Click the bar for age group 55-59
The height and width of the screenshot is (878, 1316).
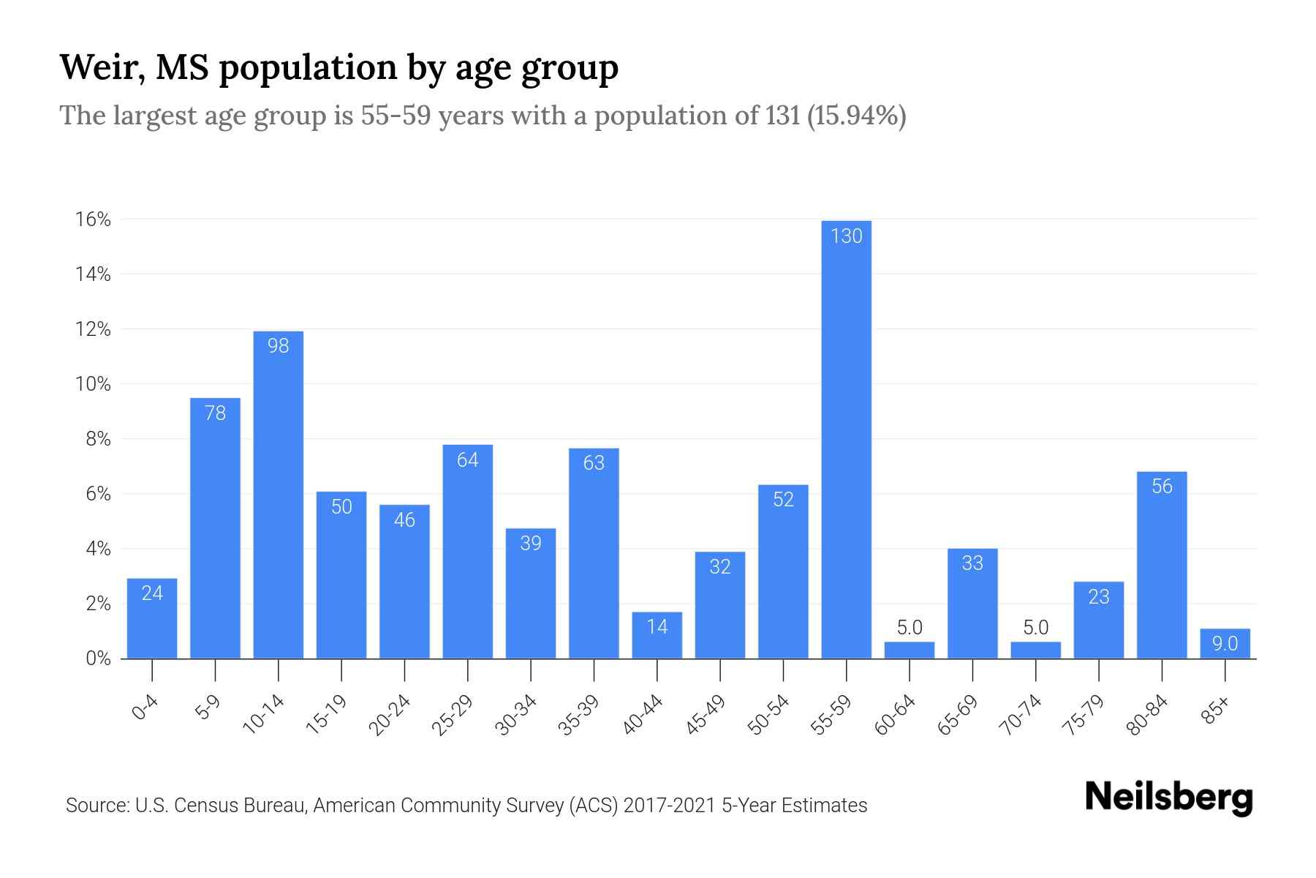point(846,439)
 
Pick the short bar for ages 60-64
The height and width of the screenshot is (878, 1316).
point(909,650)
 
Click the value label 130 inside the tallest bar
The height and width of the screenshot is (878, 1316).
point(847,236)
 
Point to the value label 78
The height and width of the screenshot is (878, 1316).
point(215,413)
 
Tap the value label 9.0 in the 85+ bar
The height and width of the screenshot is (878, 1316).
point(1225,644)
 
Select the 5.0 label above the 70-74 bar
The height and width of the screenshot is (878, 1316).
point(1035,627)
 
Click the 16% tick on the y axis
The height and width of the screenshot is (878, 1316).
point(93,219)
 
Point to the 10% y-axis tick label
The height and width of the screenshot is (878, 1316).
point(93,384)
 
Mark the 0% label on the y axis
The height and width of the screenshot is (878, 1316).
point(98,658)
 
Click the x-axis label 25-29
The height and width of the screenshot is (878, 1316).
point(453,715)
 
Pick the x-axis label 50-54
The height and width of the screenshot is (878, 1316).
point(768,715)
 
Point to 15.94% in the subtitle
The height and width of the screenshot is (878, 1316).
point(856,116)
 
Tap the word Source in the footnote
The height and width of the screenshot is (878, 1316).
point(95,806)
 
